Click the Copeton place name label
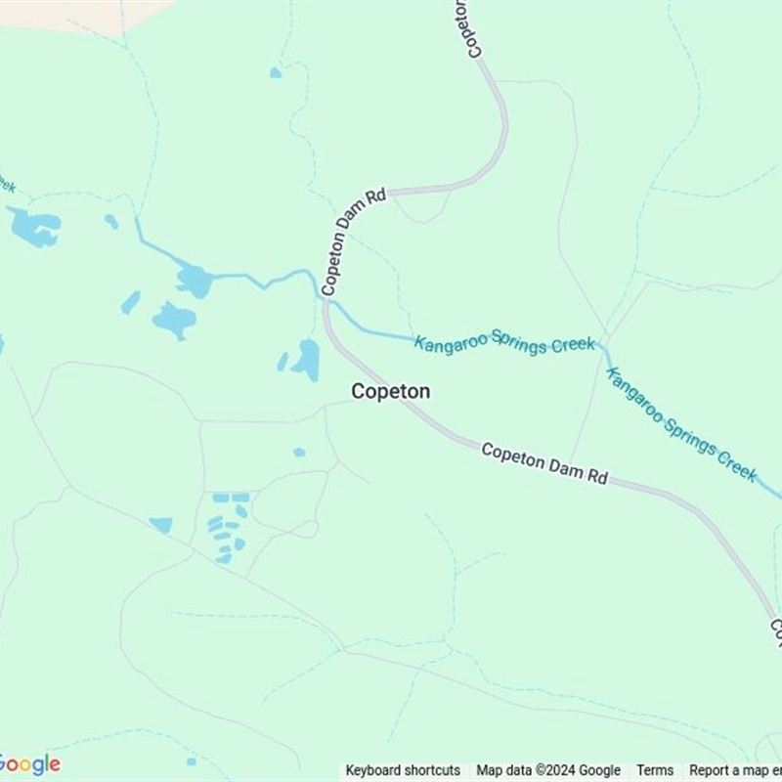click(390, 391)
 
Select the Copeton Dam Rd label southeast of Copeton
click(544, 463)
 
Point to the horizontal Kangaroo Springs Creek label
click(504, 343)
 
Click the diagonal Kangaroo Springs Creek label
click(681, 423)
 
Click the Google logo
click(29, 764)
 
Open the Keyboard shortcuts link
click(403, 770)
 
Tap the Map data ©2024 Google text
click(548, 770)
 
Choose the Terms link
click(655, 770)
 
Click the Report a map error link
click(735, 770)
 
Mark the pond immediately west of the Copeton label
click(307, 360)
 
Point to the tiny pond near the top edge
click(276, 72)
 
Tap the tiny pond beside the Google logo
click(192, 760)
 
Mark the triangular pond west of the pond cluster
click(162, 525)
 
